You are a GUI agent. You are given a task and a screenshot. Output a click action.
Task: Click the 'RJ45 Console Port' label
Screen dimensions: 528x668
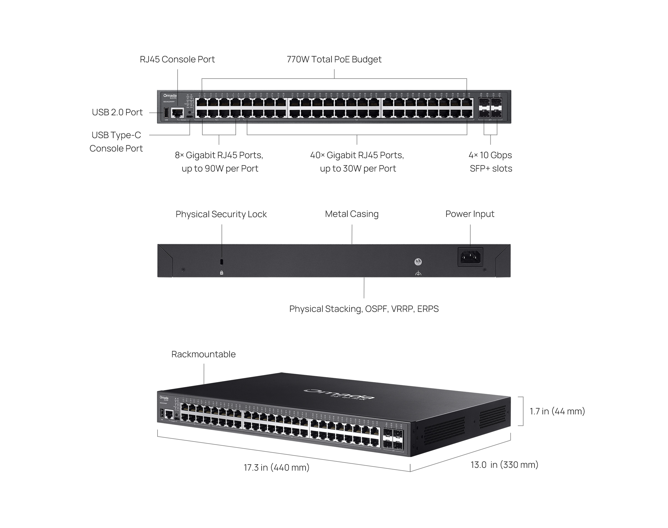click(x=177, y=59)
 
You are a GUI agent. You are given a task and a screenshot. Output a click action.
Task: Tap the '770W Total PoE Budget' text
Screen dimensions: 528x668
click(x=334, y=59)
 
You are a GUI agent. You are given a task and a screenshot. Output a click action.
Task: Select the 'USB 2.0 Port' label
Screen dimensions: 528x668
click(x=117, y=112)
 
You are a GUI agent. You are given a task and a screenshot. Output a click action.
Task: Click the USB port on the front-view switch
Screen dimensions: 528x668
click(x=166, y=113)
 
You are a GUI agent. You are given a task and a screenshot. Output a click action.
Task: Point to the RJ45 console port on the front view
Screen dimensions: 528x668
click(x=177, y=113)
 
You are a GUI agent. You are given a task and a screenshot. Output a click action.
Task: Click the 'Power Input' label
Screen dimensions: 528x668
click(x=470, y=214)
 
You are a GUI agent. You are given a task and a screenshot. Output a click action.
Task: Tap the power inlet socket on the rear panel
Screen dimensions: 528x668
click(x=470, y=257)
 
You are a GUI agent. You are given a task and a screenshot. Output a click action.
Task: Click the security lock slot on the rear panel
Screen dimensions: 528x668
click(x=221, y=261)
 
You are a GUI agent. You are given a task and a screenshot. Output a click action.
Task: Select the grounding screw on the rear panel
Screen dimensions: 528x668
click(x=418, y=262)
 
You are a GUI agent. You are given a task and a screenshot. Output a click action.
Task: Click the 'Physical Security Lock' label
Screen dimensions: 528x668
click(x=221, y=214)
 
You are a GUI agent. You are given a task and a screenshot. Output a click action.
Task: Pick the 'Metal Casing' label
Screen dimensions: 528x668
click(x=352, y=214)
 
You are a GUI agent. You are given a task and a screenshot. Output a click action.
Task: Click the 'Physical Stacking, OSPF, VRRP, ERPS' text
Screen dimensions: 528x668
click(x=364, y=309)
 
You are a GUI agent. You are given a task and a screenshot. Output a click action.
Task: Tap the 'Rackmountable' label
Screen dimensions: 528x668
click(x=203, y=354)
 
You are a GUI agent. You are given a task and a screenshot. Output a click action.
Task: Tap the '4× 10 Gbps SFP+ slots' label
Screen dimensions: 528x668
click(x=490, y=162)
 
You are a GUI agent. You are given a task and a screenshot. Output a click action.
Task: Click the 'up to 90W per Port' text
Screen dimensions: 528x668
click(x=220, y=168)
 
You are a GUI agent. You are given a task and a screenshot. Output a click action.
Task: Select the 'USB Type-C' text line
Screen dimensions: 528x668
click(x=116, y=135)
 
